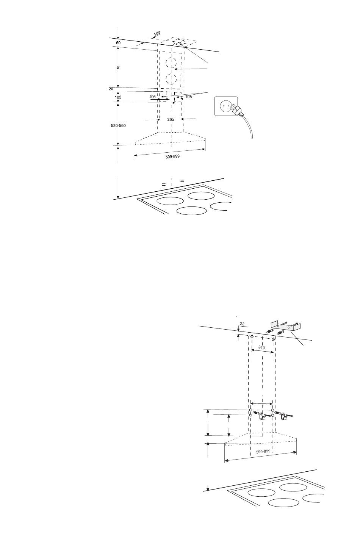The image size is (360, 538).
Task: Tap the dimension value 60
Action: [x=118, y=43]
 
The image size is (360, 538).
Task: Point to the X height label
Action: [x=119, y=67]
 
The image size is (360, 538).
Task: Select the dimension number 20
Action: [x=111, y=89]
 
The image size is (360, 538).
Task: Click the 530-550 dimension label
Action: [x=118, y=125]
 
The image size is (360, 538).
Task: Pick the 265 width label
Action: [x=171, y=120]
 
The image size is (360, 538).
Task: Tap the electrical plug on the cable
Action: [x=236, y=110]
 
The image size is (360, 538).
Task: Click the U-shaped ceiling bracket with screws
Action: [x=285, y=325]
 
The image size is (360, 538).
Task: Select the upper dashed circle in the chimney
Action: [x=171, y=63]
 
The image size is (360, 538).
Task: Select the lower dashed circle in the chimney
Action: [x=171, y=80]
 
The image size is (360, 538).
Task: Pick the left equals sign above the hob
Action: [x=164, y=184]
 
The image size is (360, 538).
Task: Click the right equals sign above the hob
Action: [x=182, y=181]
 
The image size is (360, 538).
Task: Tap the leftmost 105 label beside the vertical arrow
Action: [x=118, y=97]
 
